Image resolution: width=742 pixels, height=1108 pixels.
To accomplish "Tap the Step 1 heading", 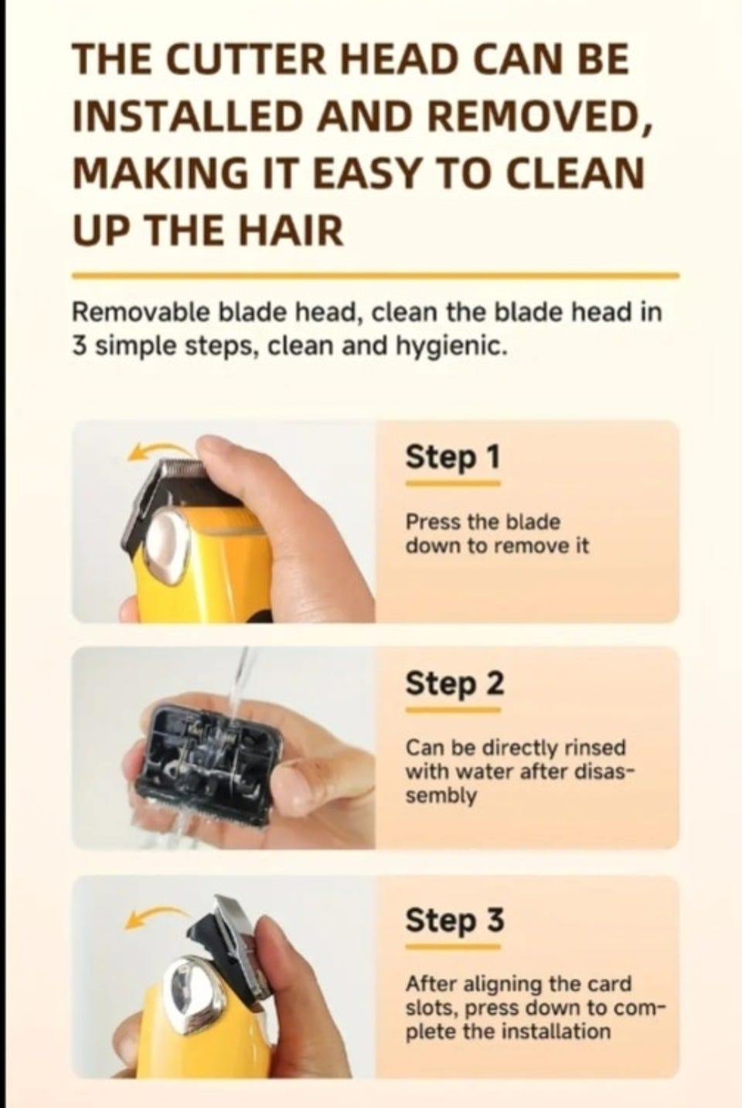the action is (452, 458).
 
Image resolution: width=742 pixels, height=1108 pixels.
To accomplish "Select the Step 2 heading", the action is (454, 684).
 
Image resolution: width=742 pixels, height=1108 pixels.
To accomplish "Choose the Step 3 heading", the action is (454, 920).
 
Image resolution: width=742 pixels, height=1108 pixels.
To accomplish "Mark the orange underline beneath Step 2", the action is (453, 710).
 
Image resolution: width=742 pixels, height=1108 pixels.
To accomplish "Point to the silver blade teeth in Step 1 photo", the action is (181, 466).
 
